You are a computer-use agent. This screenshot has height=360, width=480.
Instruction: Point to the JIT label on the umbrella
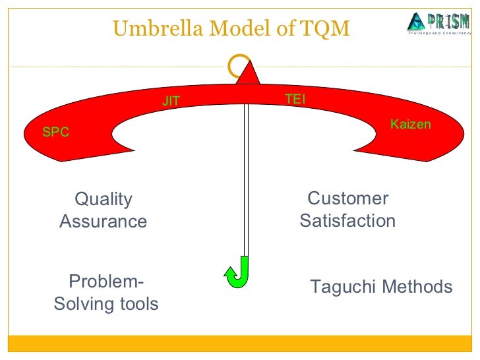[171, 102]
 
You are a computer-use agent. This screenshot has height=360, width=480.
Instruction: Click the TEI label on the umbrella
[295, 99]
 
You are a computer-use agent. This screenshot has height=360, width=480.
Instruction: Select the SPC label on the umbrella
[55, 132]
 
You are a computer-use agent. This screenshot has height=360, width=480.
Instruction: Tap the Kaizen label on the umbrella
[410, 124]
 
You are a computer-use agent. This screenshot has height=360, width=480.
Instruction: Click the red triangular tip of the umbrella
[248, 73]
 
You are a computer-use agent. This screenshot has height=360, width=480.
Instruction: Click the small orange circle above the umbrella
[236, 65]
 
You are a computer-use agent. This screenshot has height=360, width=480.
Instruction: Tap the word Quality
[104, 199]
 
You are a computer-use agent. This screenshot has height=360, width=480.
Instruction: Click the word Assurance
[104, 222]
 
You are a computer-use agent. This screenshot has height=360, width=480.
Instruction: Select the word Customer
[348, 198]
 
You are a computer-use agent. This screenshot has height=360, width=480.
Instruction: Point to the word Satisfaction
[347, 221]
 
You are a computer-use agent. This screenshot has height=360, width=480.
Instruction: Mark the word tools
[140, 304]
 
